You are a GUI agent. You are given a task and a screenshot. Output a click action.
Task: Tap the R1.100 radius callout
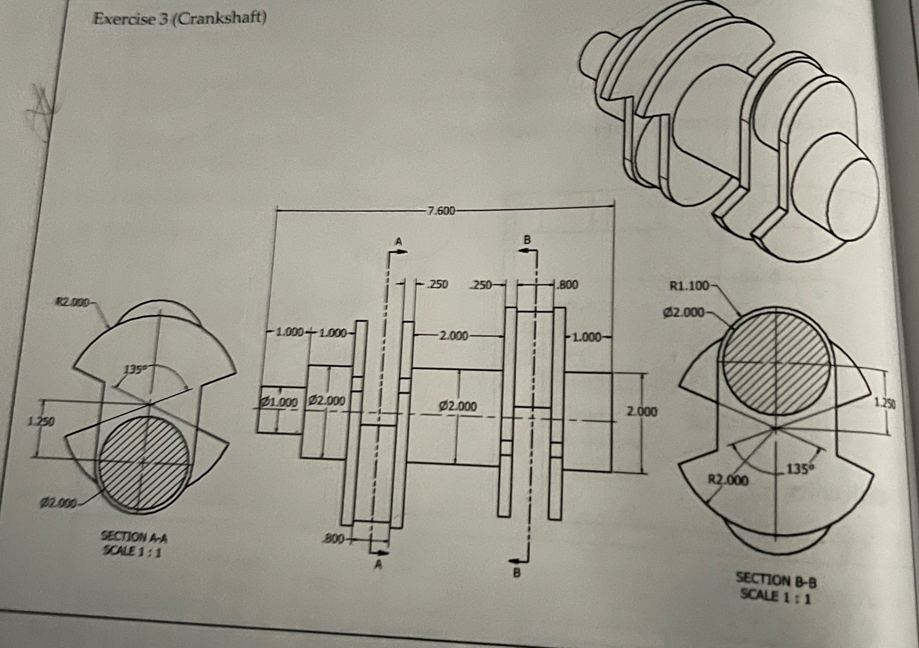coord(689,286)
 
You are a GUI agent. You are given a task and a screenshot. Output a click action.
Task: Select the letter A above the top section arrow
coord(398,241)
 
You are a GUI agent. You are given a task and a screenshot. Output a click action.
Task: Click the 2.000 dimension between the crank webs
coord(454,336)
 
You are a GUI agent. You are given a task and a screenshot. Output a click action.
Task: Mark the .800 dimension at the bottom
coord(333,540)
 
